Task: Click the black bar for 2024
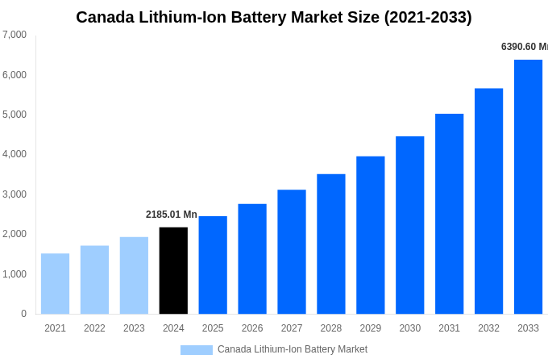point(173,270)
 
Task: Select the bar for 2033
point(528,186)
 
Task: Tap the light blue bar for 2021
point(55,283)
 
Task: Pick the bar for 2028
point(330,244)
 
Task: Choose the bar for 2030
point(409,225)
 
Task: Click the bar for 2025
point(213,265)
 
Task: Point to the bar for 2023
point(134,275)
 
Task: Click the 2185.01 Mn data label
point(171,215)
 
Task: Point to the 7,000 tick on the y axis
point(15,35)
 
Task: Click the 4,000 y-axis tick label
point(15,154)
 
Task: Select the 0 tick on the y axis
point(23,314)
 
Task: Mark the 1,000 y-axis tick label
point(15,274)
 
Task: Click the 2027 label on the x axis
point(292,328)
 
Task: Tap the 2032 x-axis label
point(488,328)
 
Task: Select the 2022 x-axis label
point(94,328)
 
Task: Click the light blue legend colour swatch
point(196,350)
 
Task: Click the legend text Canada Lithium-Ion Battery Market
point(292,349)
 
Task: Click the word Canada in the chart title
point(107,17)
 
